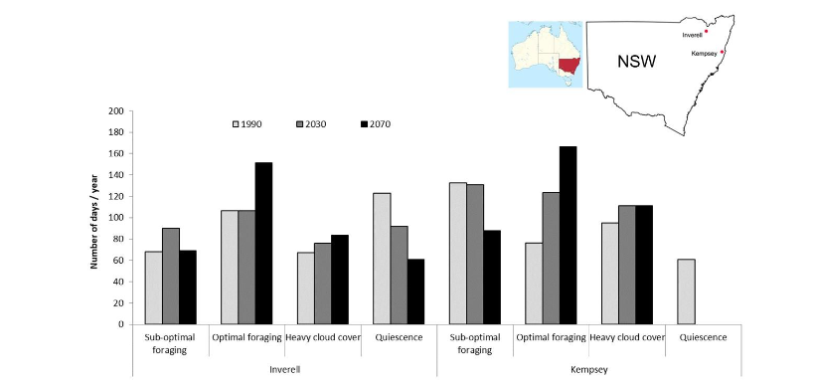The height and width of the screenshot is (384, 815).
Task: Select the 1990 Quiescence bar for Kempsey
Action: coord(685,291)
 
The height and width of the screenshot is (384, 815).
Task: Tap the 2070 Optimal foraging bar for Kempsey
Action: coord(568,235)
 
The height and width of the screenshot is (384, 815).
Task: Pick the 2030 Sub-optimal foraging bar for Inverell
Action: coord(171,276)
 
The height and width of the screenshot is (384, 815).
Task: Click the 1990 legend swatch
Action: coord(238,124)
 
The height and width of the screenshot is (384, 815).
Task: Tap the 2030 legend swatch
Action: coord(301,124)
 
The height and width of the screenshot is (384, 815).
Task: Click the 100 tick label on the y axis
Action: coord(117,218)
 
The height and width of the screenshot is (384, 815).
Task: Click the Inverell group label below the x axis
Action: coord(285,368)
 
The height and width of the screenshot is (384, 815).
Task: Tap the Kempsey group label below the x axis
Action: coord(589,368)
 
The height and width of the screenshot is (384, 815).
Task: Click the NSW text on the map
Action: coord(636,62)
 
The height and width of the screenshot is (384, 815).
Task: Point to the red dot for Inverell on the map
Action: coord(706,32)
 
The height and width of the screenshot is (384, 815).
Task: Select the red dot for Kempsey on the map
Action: coord(723,52)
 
